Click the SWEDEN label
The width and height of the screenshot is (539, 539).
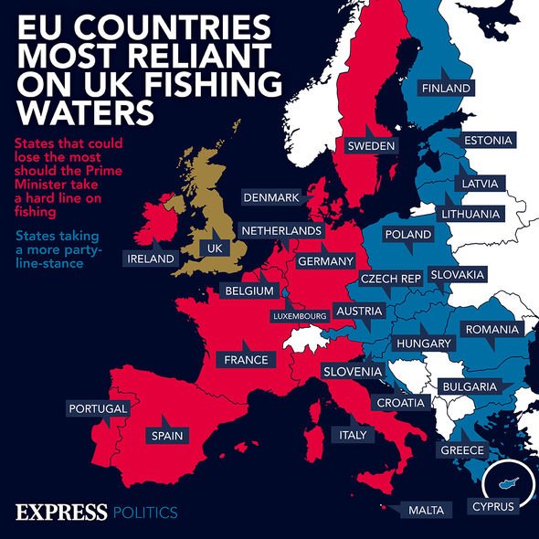click(370, 146)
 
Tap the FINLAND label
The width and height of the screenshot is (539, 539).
click(446, 88)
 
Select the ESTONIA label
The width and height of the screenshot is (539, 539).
click(487, 141)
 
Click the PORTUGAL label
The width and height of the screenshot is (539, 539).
click(96, 408)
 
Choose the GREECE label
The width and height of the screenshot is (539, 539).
click(462, 451)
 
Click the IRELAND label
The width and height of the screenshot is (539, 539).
click(150, 259)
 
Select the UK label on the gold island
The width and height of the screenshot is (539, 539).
click(216, 248)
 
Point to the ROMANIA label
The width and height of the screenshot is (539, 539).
click(492, 329)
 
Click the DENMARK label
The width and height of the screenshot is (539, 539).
click(271, 197)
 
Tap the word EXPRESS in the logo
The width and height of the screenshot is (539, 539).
click(61, 511)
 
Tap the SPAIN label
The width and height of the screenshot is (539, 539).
click(167, 436)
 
